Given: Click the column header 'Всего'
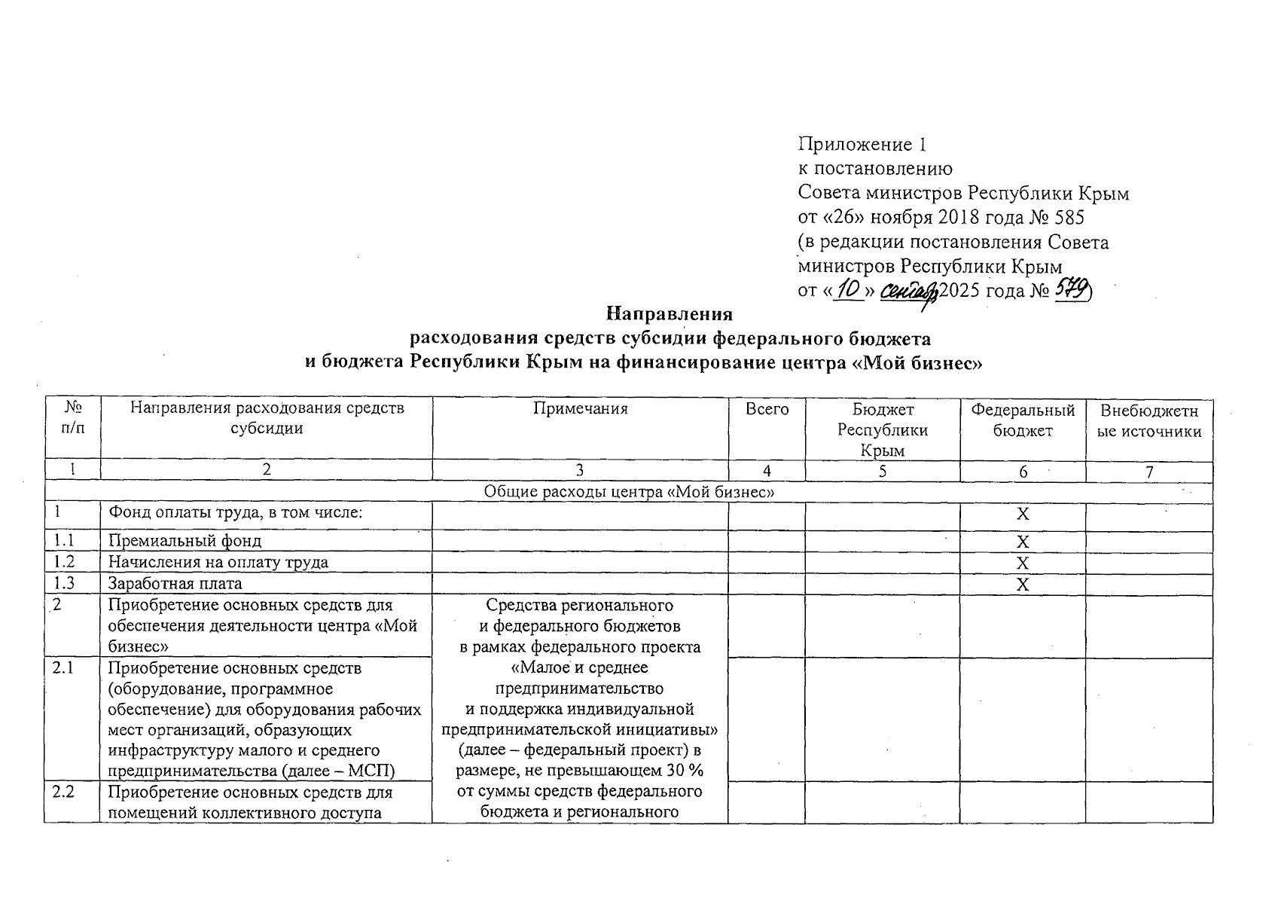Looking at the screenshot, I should point(767,409).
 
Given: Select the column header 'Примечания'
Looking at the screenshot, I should point(580,409).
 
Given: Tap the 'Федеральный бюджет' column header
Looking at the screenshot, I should point(1022,420).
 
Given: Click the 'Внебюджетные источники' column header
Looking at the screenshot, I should point(1149,420).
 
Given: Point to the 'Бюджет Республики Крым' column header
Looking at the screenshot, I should point(883,430).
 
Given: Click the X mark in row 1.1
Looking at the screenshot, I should point(1022,542).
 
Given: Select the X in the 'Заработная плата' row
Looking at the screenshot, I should point(1022,585).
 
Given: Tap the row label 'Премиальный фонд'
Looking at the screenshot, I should point(185,541).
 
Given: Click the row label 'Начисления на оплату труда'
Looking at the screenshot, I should point(218,562).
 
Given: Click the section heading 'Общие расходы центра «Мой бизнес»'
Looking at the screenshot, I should point(629,492).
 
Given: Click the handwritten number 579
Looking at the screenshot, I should point(1072,290).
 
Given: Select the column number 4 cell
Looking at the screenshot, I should point(767,471).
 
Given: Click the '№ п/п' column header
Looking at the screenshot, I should point(72,419).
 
